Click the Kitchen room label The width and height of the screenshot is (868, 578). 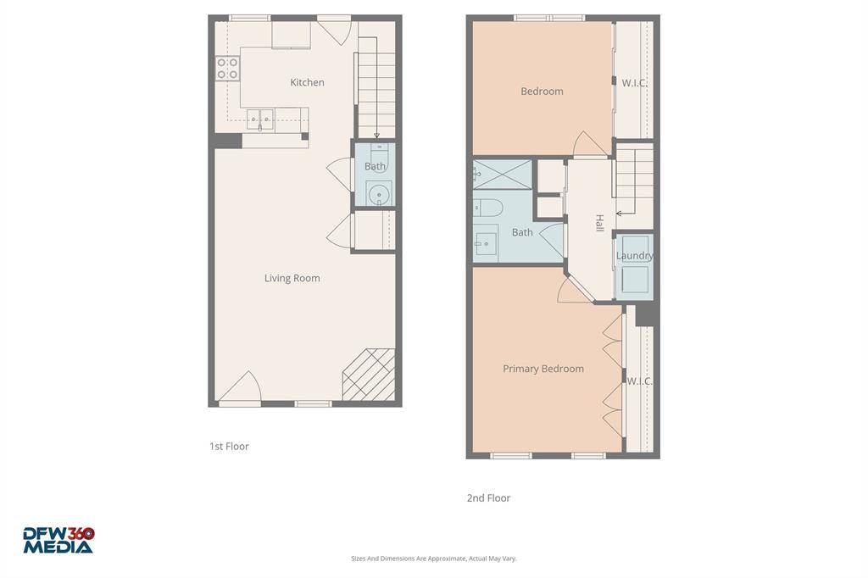pos(307,82)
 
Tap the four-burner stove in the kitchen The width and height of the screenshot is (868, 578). pos(227,68)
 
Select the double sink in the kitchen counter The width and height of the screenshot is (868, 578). pos(259,119)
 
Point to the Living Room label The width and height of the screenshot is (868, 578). pos(292,278)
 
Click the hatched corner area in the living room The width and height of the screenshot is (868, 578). pos(369,375)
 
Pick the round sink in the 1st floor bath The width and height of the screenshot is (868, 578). pos(379,194)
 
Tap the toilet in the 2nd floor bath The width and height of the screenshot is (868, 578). pos(487,208)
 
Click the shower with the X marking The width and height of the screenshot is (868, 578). pos(502,175)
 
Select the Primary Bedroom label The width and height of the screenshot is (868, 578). pos(543,369)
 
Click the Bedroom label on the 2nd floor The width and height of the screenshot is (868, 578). pos(542,92)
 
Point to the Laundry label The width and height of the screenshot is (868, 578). pos(634,256)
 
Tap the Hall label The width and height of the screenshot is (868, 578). pos(599,223)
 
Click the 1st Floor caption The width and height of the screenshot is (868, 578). pos(229,447)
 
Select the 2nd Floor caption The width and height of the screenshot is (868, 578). pos(488,497)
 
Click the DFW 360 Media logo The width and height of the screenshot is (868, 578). pos(58,540)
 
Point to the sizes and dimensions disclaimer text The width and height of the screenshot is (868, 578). pos(434,559)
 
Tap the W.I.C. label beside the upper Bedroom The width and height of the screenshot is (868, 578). pos(634,83)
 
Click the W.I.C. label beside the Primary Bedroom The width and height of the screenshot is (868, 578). pos(639,381)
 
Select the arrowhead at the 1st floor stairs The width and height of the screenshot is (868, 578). pos(376,135)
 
